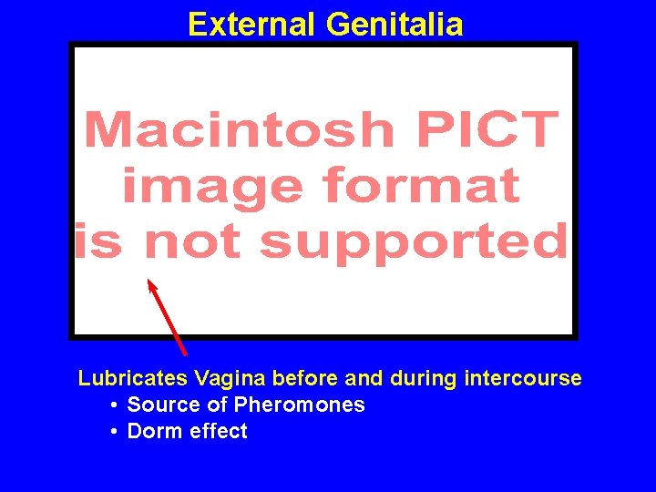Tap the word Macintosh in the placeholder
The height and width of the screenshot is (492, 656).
point(239,129)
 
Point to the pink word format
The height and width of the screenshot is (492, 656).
point(422,186)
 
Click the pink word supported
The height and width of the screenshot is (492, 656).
point(413,241)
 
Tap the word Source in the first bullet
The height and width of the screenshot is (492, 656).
point(158,405)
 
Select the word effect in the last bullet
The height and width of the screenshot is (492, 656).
point(218,432)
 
